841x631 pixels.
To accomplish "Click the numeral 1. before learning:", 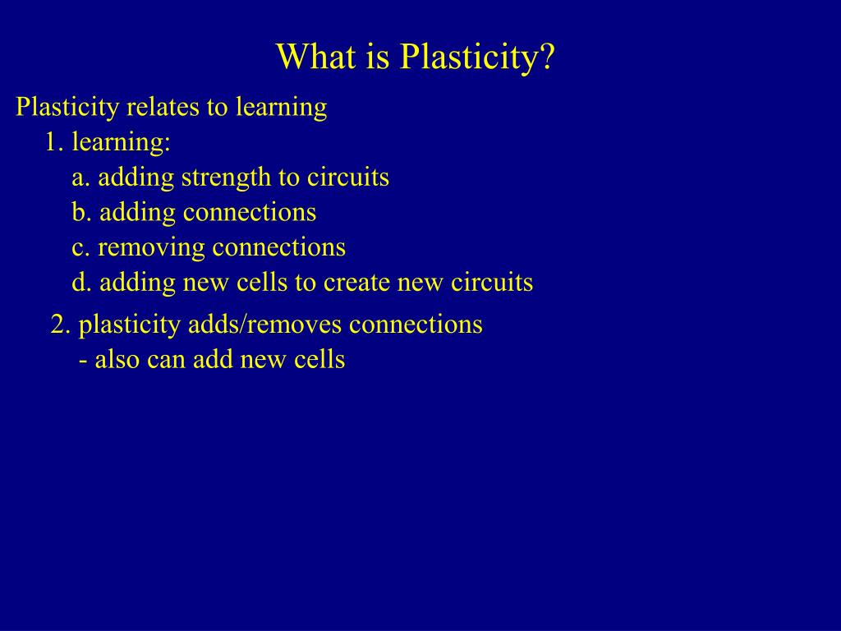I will (x=54, y=142).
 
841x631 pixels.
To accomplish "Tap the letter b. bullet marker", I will (x=80, y=212).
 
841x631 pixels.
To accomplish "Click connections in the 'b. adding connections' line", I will (x=249, y=212).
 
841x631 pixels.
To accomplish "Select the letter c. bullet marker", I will (x=80, y=247).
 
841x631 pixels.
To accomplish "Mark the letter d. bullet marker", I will (x=80, y=283).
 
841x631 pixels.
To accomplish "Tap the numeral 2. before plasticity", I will (x=60, y=325).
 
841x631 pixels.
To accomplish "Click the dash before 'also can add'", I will (x=83, y=360).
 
